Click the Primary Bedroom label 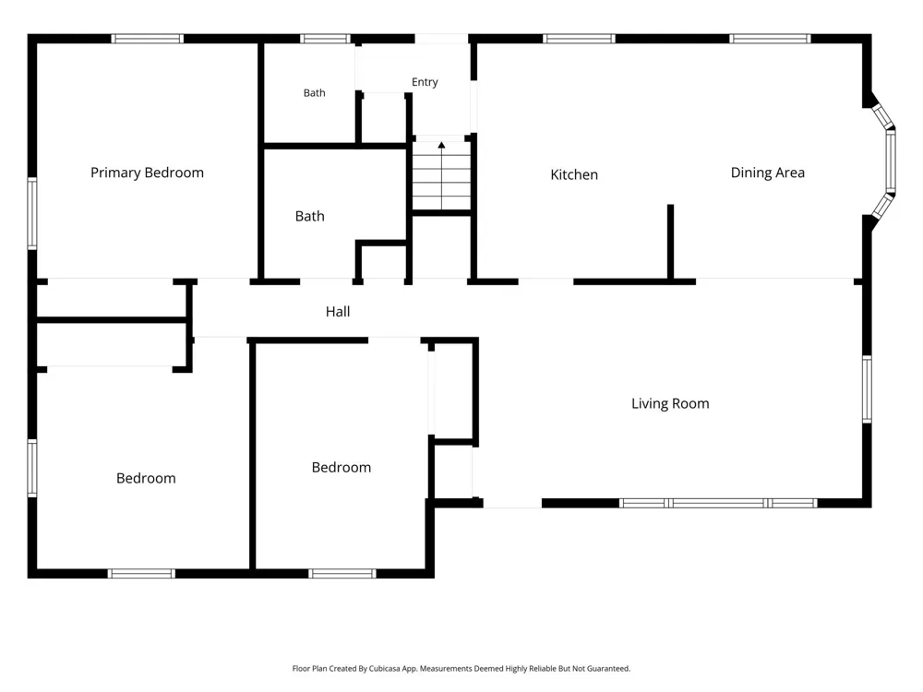pos(147,173)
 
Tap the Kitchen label pos(574,174)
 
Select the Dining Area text pos(768,173)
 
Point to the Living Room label pos(670,404)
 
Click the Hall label pos(338,312)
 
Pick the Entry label pos(425,82)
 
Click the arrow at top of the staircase pos(441,145)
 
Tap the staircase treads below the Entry pos(441,175)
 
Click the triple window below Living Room pos(719,503)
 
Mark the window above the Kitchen pos(579,39)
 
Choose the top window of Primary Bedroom pos(147,39)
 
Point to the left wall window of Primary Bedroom pos(32,213)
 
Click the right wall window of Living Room pos(867,389)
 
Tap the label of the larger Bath pos(309,217)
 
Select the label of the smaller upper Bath pos(315,93)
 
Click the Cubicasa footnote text pos(461,668)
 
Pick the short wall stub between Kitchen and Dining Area pos(670,243)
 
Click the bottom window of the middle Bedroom pos(342,574)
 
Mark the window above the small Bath pos(325,39)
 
